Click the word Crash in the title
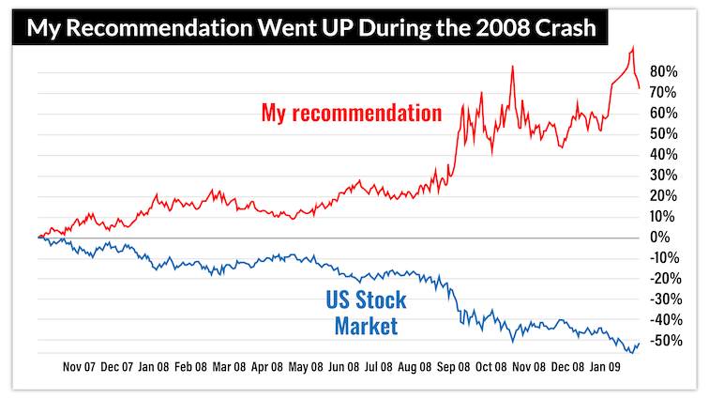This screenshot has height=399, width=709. [567, 28]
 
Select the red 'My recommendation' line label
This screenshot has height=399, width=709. [351, 114]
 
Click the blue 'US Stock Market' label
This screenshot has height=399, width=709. [367, 314]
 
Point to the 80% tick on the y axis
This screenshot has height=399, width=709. [664, 71]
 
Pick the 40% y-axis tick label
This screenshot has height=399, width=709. [664, 154]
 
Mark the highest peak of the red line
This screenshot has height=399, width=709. [633, 47]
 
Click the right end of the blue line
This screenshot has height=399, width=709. [640, 343]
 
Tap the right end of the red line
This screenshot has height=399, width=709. [640, 88]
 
